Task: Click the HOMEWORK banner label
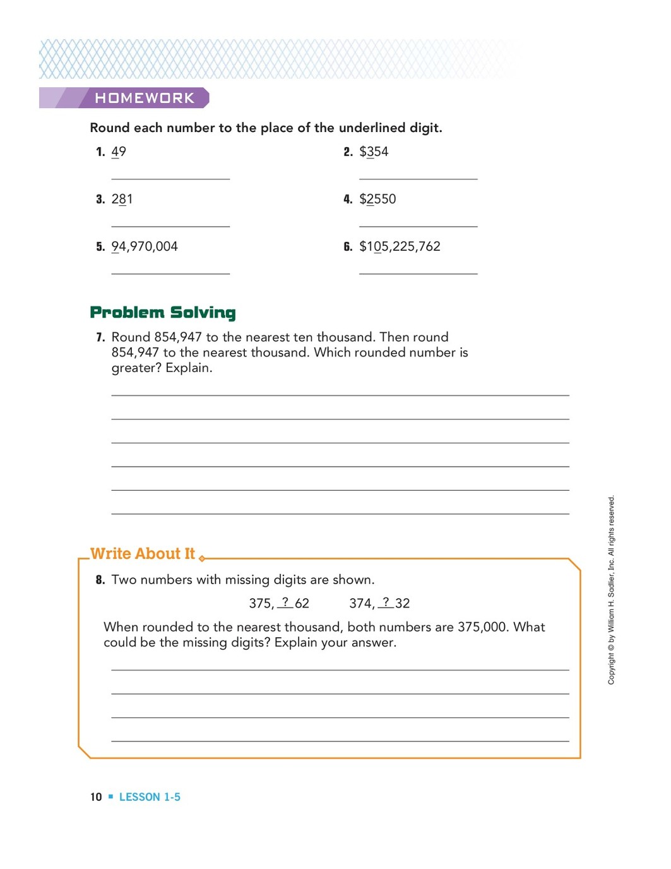coord(145,98)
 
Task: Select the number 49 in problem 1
coord(119,152)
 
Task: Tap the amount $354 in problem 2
coord(374,152)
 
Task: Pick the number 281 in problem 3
coord(122,199)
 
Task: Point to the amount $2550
coord(377,199)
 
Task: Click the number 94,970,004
coord(145,246)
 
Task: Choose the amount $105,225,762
coord(400,246)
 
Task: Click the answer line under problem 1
coord(170,179)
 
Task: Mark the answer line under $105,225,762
coord(418,273)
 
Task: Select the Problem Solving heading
coord(163,313)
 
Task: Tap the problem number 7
coord(100,337)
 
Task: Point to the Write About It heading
coord(143,554)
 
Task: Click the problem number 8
coord(100,580)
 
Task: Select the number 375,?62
coord(279,603)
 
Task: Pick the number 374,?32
coord(379,603)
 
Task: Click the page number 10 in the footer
coord(96,797)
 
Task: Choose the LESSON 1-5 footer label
coord(150,797)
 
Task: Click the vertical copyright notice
coord(611,590)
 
